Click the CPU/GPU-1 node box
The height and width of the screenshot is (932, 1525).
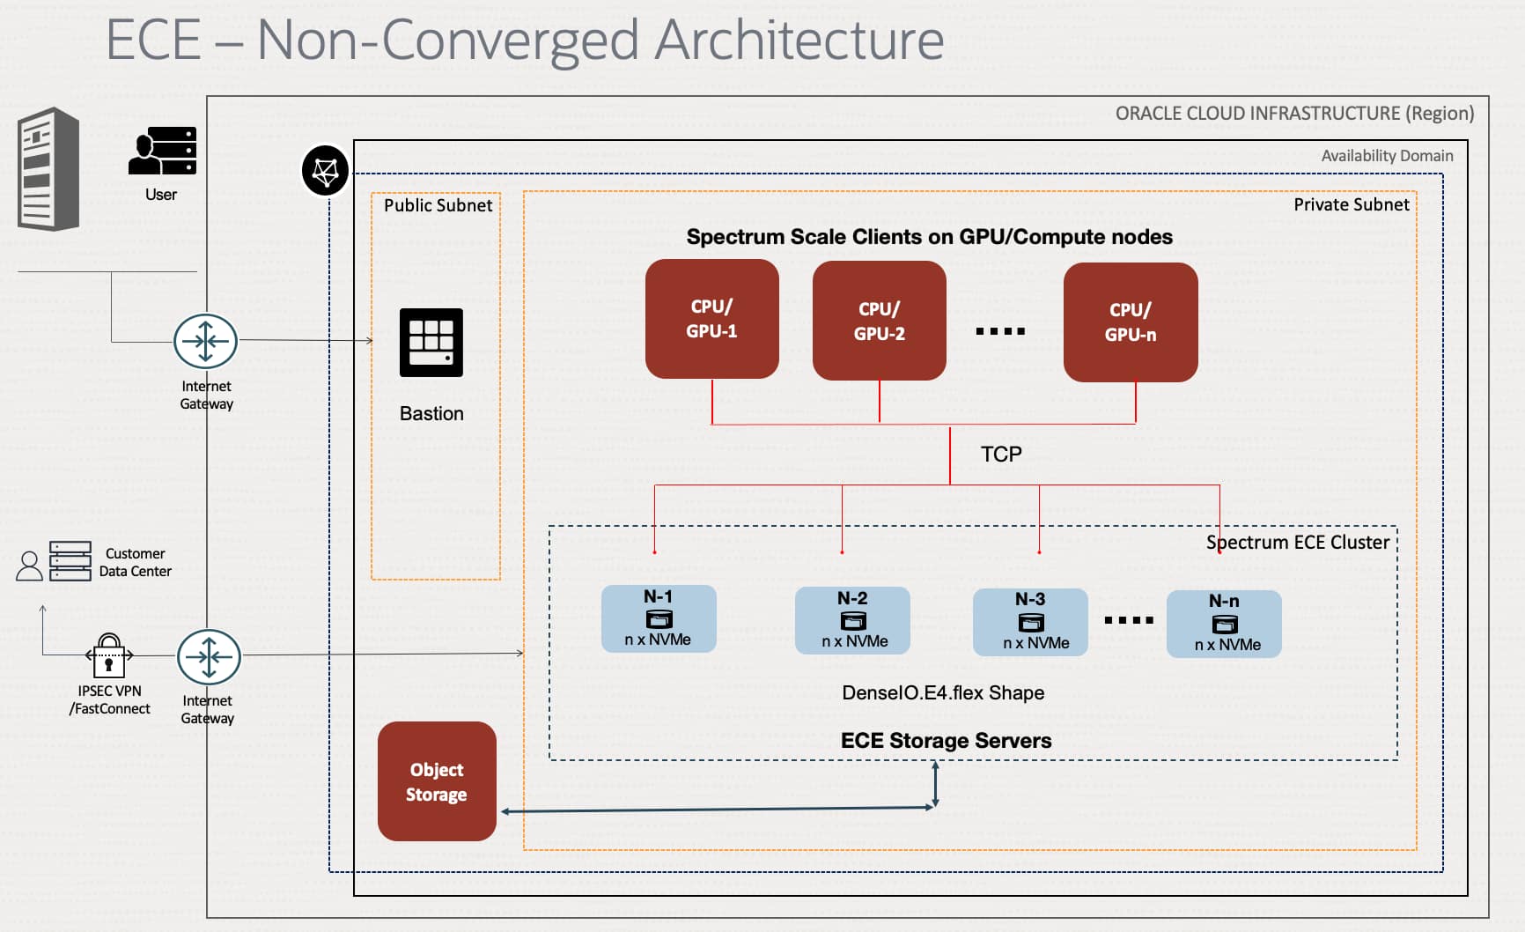point(711,319)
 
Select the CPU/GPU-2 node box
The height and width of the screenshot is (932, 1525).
point(879,321)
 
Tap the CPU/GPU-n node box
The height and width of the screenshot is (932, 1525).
point(1131,322)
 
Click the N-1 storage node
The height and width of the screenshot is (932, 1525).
point(659,618)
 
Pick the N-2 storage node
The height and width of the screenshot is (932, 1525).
point(852,620)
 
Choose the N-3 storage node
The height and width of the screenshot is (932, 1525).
point(1030,623)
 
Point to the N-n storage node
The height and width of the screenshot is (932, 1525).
point(1224,624)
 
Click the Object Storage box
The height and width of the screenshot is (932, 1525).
point(437,781)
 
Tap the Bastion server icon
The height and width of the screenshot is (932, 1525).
point(431,343)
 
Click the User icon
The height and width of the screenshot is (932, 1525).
point(163,152)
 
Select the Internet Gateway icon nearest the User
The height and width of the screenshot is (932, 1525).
point(205,341)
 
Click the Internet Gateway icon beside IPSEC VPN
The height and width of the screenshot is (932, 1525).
point(209,657)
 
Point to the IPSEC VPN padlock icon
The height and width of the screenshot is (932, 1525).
point(108,655)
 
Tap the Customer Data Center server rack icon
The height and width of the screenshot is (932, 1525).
point(70,561)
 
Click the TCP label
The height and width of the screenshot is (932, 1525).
point(1001,455)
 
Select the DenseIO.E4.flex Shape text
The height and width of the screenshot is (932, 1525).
point(943,693)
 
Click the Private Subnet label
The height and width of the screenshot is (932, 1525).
point(1352,204)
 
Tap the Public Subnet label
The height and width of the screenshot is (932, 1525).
point(438,205)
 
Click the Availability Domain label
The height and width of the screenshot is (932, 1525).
point(1387,156)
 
